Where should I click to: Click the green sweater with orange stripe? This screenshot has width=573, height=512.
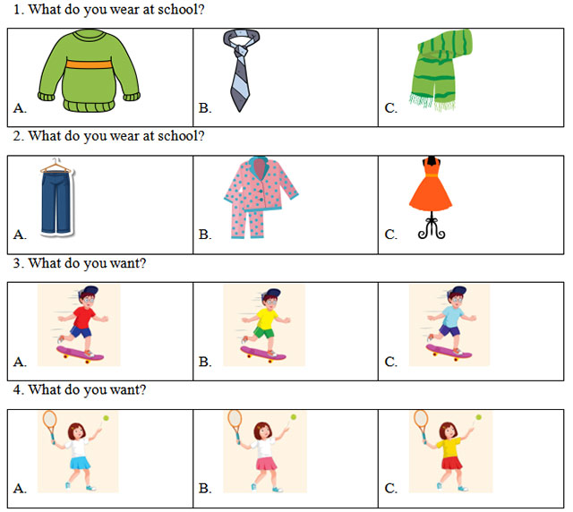coord(90,72)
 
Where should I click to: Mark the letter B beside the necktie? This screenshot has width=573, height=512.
coord(204,108)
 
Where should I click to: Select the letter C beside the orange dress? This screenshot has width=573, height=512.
coord(390,235)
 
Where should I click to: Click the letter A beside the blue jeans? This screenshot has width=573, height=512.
coord(19,235)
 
